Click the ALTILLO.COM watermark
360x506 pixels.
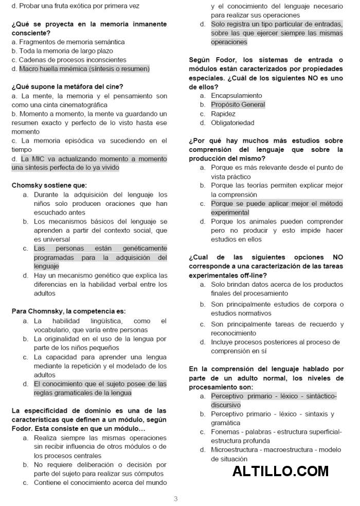[x=280, y=471]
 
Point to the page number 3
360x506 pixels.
[x=176, y=498]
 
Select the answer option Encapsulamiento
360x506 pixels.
[x=236, y=96]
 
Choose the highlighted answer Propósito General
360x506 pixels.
[x=238, y=104]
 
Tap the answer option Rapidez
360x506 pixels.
[x=223, y=114]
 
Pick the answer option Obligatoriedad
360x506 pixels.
[x=232, y=123]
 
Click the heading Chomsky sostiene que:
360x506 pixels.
[x=49, y=185]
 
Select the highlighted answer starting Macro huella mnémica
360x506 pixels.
[x=84, y=68]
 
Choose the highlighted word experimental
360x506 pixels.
[x=230, y=213]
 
